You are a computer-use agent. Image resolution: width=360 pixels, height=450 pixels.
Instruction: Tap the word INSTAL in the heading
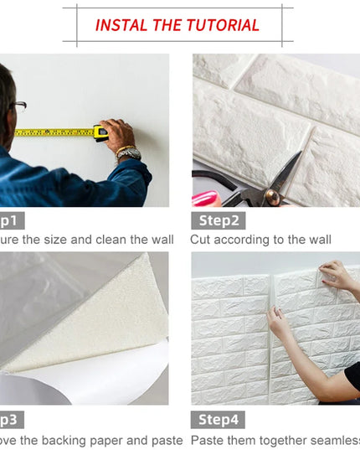coord(121,25)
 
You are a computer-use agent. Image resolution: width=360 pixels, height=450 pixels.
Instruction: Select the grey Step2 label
coord(218,221)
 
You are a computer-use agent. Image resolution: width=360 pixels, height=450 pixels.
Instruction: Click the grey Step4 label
coord(218,420)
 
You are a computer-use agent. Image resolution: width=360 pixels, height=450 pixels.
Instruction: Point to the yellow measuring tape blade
coord(54,132)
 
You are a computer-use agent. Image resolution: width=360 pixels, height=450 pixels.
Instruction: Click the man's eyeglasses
coord(18,106)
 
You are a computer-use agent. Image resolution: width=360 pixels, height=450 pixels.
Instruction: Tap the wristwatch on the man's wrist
coord(128,153)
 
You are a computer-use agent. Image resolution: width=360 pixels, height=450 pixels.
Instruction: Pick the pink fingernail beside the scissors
coord(203,199)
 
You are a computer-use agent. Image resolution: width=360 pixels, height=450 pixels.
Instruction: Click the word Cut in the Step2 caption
coord(201,241)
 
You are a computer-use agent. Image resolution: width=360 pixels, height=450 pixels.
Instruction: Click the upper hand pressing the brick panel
coord(337,273)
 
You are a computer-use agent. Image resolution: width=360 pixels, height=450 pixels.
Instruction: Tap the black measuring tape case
coord(101,132)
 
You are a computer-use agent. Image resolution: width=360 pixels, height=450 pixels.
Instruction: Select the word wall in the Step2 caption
coord(317,241)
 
